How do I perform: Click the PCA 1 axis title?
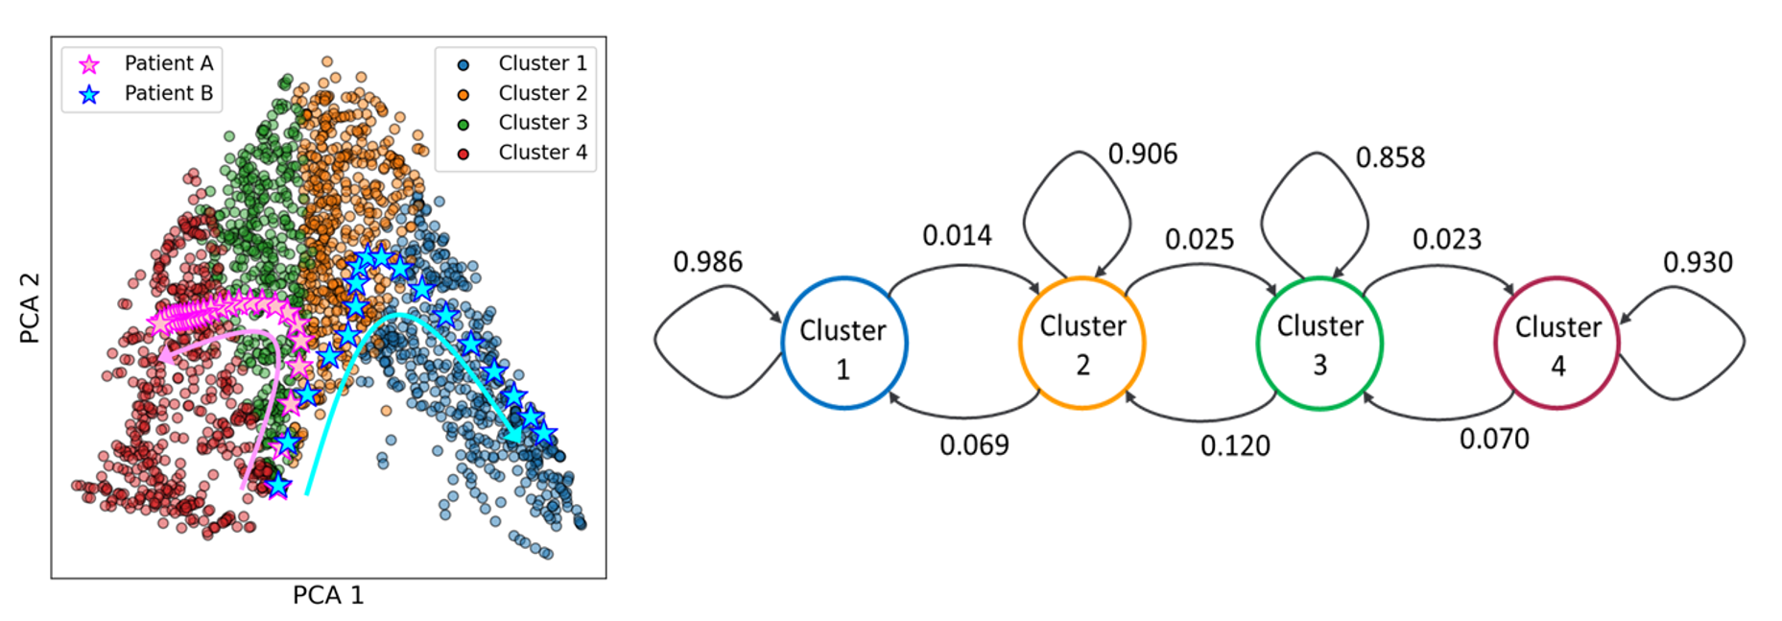pyautogui.click(x=328, y=596)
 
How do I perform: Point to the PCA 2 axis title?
pyautogui.click(x=30, y=307)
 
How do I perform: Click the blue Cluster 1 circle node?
pyautogui.click(x=843, y=344)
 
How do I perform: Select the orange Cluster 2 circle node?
pyautogui.click(x=1081, y=344)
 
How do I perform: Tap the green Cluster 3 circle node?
pyautogui.click(x=1319, y=344)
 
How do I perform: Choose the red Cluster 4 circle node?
pyautogui.click(x=1556, y=344)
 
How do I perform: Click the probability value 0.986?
pyautogui.click(x=707, y=262)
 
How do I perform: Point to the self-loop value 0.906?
pyautogui.click(x=1142, y=155)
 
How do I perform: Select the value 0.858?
pyautogui.click(x=1390, y=158)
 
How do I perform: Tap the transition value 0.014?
pyautogui.click(x=957, y=236)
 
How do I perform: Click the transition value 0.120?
pyautogui.click(x=1235, y=446)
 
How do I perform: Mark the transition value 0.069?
pyautogui.click(x=974, y=446)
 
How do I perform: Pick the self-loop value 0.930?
pyautogui.click(x=1698, y=263)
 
